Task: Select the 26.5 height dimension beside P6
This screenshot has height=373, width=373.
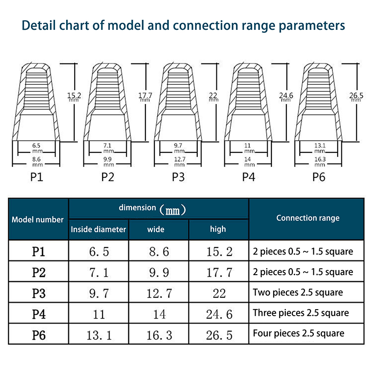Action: pyautogui.click(x=356, y=96)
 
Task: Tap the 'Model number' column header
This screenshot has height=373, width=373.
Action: pyautogui.click(x=38, y=220)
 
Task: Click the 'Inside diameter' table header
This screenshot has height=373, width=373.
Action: pyautogui.click(x=98, y=229)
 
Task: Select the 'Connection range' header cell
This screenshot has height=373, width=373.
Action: pyautogui.click(x=308, y=218)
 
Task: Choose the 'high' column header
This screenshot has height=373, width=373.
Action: pyautogui.click(x=218, y=229)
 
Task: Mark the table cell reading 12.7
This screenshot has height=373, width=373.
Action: pyautogui.click(x=159, y=293)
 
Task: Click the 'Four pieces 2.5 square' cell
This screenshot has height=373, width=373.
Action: pyautogui.click(x=298, y=333)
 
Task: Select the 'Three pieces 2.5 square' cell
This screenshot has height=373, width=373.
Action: pyautogui.click(x=300, y=313)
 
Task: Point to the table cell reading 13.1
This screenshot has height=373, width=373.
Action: pyautogui.click(x=98, y=334)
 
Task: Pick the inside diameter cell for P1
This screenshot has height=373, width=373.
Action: pyautogui.click(x=98, y=252)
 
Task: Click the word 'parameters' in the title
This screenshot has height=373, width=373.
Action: pyautogui.click(x=311, y=26)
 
